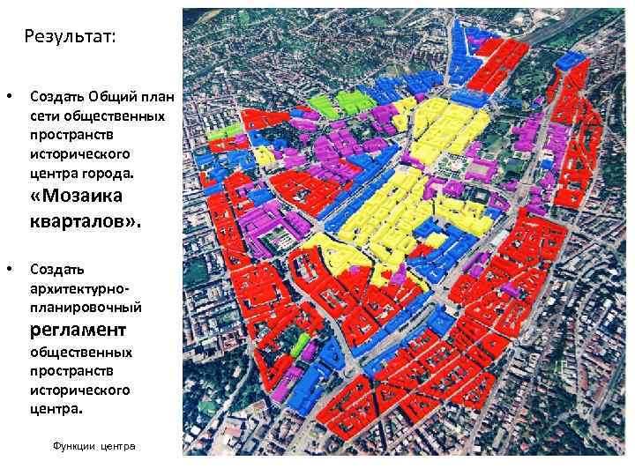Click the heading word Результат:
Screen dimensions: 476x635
(x=70, y=36)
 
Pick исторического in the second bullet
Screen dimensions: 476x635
(x=79, y=390)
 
